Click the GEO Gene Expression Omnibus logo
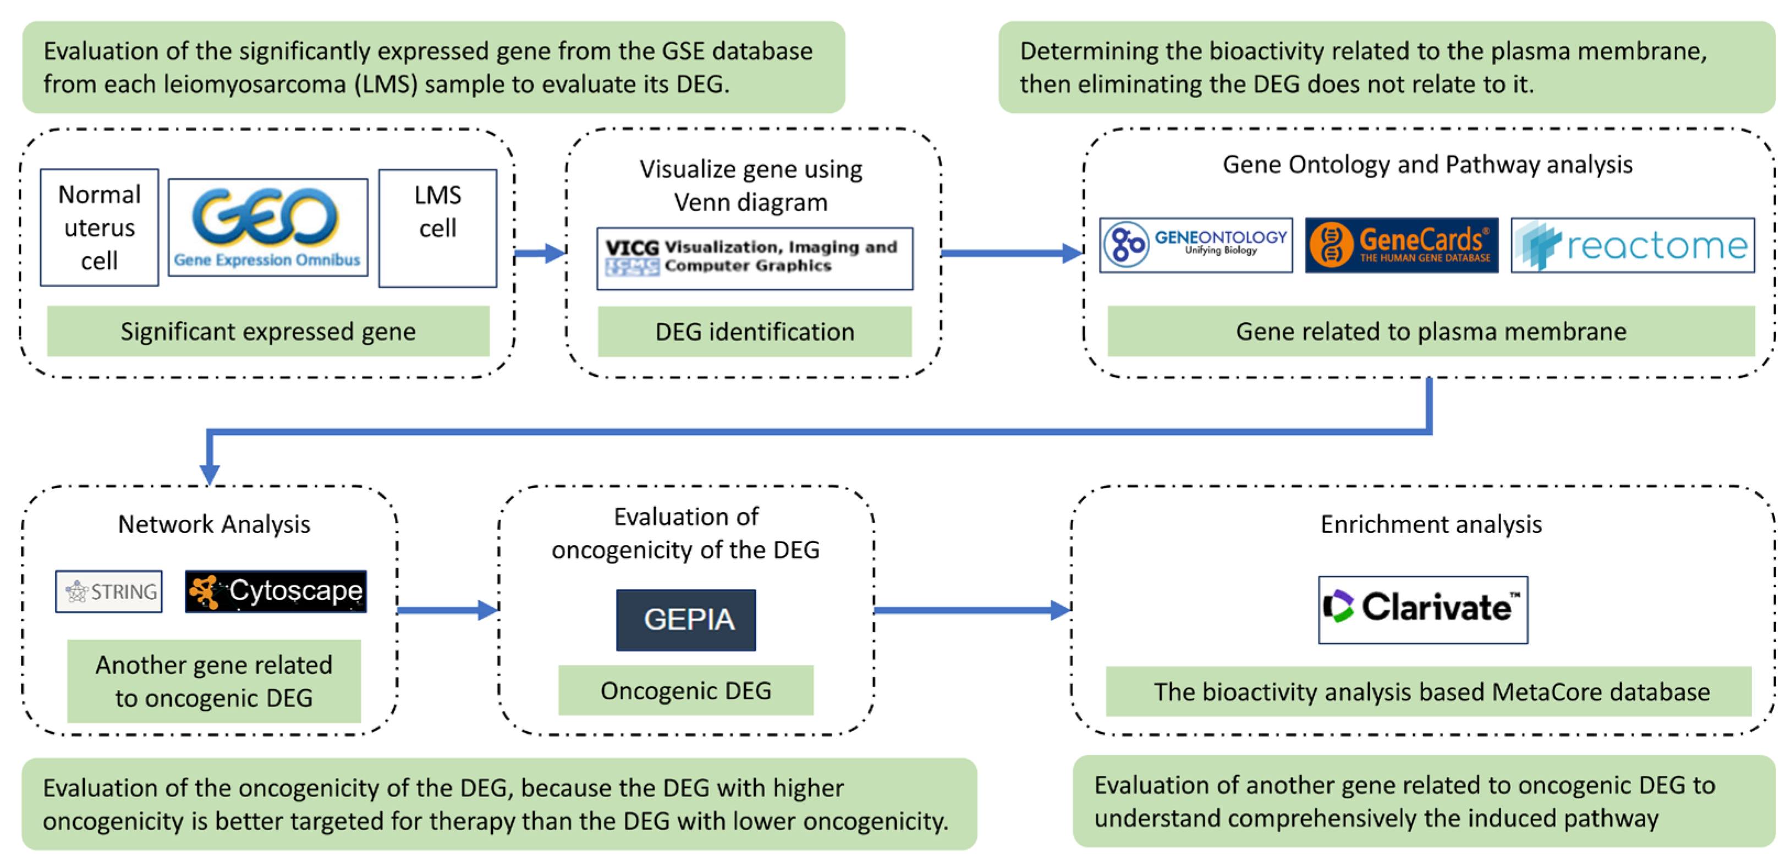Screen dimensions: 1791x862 pyautogui.click(x=268, y=227)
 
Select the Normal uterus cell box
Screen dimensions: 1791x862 pyautogui.click(x=100, y=227)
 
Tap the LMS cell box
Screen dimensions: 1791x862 pyautogui.click(x=438, y=228)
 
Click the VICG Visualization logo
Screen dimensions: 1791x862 pyautogui.click(x=755, y=258)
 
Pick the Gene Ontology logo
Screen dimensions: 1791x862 pyautogui.click(x=1196, y=245)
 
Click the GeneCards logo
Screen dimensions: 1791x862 pyautogui.click(x=1402, y=245)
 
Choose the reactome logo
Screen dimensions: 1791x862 pyautogui.click(x=1633, y=245)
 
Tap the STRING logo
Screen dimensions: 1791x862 pyautogui.click(x=109, y=591)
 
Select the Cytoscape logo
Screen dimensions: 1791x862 pyautogui.click(x=276, y=591)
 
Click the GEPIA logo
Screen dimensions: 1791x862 pyautogui.click(x=686, y=620)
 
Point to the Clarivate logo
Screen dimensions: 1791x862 pyautogui.click(x=1423, y=610)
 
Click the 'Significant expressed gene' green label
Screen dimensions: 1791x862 pyautogui.click(x=268, y=332)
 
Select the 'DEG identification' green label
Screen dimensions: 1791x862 pyautogui.click(x=755, y=332)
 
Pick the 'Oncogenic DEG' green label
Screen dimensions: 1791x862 pyautogui.click(x=686, y=690)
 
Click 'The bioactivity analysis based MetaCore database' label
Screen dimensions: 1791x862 pyautogui.click(x=1429, y=691)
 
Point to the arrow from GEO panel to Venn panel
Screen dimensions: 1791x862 pyautogui.click(x=540, y=253)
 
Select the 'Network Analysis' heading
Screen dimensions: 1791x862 pyautogui.click(x=214, y=524)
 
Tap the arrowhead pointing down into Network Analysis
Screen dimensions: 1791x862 pyautogui.click(x=209, y=474)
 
